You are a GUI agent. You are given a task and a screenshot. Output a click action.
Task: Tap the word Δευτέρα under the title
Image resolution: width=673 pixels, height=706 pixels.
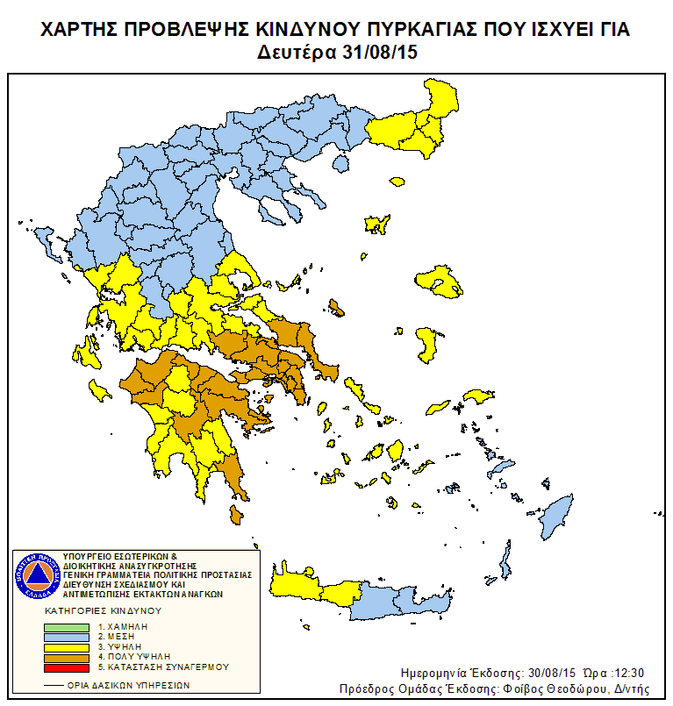(295, 53)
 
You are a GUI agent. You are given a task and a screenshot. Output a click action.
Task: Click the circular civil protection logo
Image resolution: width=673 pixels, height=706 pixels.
(36, 575)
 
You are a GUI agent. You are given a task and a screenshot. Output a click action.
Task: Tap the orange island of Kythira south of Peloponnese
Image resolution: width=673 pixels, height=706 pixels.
(235, 515)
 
